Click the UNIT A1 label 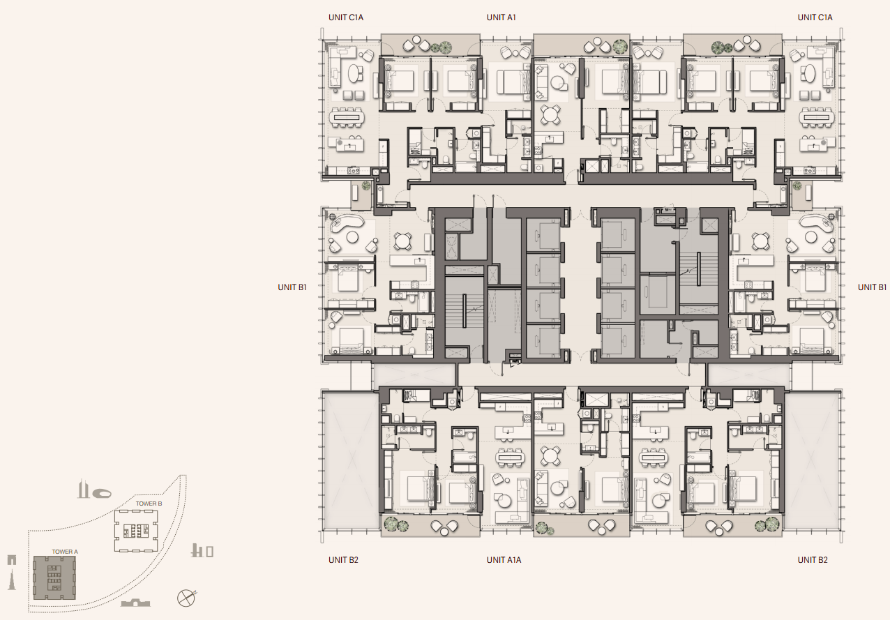pyautogui.click(x=501, y=17)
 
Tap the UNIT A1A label pyautogui.click(x=504, y=560)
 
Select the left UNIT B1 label pyautogui.click(x=292, y=287)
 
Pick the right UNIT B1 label pyautogui.click(x=872, y=287)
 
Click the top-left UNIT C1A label pyautogui.click(x=346, y=17)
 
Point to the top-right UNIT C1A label pyautogui.click(x=815, y=17)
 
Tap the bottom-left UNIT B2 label pyautogui.click(x=343, y=560)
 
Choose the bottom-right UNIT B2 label pyautogui.click(x=813, y=560)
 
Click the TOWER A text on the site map pyautogui.click(x=65, y=552)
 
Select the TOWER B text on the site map pyautogui.click(x=149, y=504)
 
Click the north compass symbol pyautogui.click(x=186, y=598)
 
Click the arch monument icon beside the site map pyautogui.click(x=12, y=560)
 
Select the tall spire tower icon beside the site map pyautogui.click(x=12, y=580)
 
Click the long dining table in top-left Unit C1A pyautogui.click(x=346, y=118)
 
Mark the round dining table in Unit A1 pyautogui.click(x=550, y=114)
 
